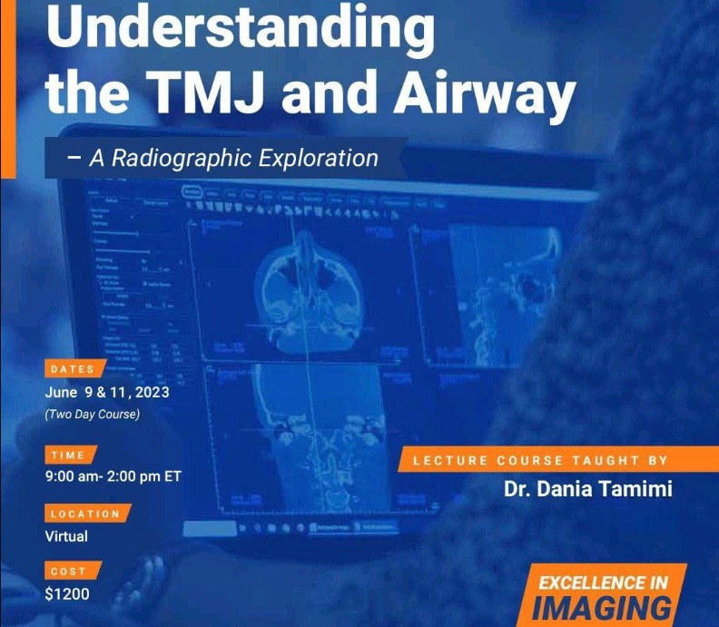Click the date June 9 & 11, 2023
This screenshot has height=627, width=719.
click(x=106, y=393)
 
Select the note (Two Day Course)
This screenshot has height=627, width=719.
click(x=93, y=415)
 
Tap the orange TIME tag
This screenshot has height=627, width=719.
click(x=68, y=455)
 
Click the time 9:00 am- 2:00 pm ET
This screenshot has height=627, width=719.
click(x=113, y=477)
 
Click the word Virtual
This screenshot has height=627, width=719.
click(x=66, y=536)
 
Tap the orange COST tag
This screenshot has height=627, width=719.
click(x=68, y=572)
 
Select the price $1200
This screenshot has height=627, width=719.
click(x=67, y=595)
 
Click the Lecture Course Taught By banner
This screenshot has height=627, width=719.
click(x=541, y=461)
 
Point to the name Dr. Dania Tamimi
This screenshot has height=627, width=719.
click(x=588, y=490)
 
